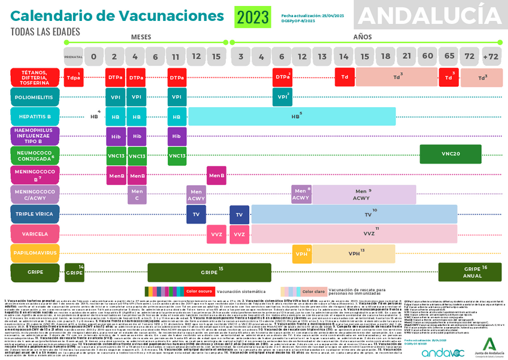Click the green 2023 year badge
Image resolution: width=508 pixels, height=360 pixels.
point(253,17)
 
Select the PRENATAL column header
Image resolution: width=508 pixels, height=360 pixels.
point(73,57)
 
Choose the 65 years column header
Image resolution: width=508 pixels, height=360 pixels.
point(449,57)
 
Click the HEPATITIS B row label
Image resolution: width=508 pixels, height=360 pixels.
point(35,116)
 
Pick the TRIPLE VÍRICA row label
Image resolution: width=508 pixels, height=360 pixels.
point(35,214)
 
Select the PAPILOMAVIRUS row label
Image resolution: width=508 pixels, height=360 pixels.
point(35,253)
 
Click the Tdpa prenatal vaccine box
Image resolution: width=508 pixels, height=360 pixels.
point(74,77)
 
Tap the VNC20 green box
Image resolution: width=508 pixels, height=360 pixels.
point(450,155)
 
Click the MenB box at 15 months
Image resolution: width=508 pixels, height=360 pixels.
point(216,176)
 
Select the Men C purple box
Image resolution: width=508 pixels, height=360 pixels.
point(137,195)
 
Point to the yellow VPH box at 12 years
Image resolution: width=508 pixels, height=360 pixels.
point(301,253)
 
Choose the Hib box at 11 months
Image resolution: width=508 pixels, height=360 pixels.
point(176,136)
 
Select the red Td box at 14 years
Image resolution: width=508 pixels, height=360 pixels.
point(345,77)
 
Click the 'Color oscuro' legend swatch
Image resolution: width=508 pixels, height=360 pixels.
point(198,291)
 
